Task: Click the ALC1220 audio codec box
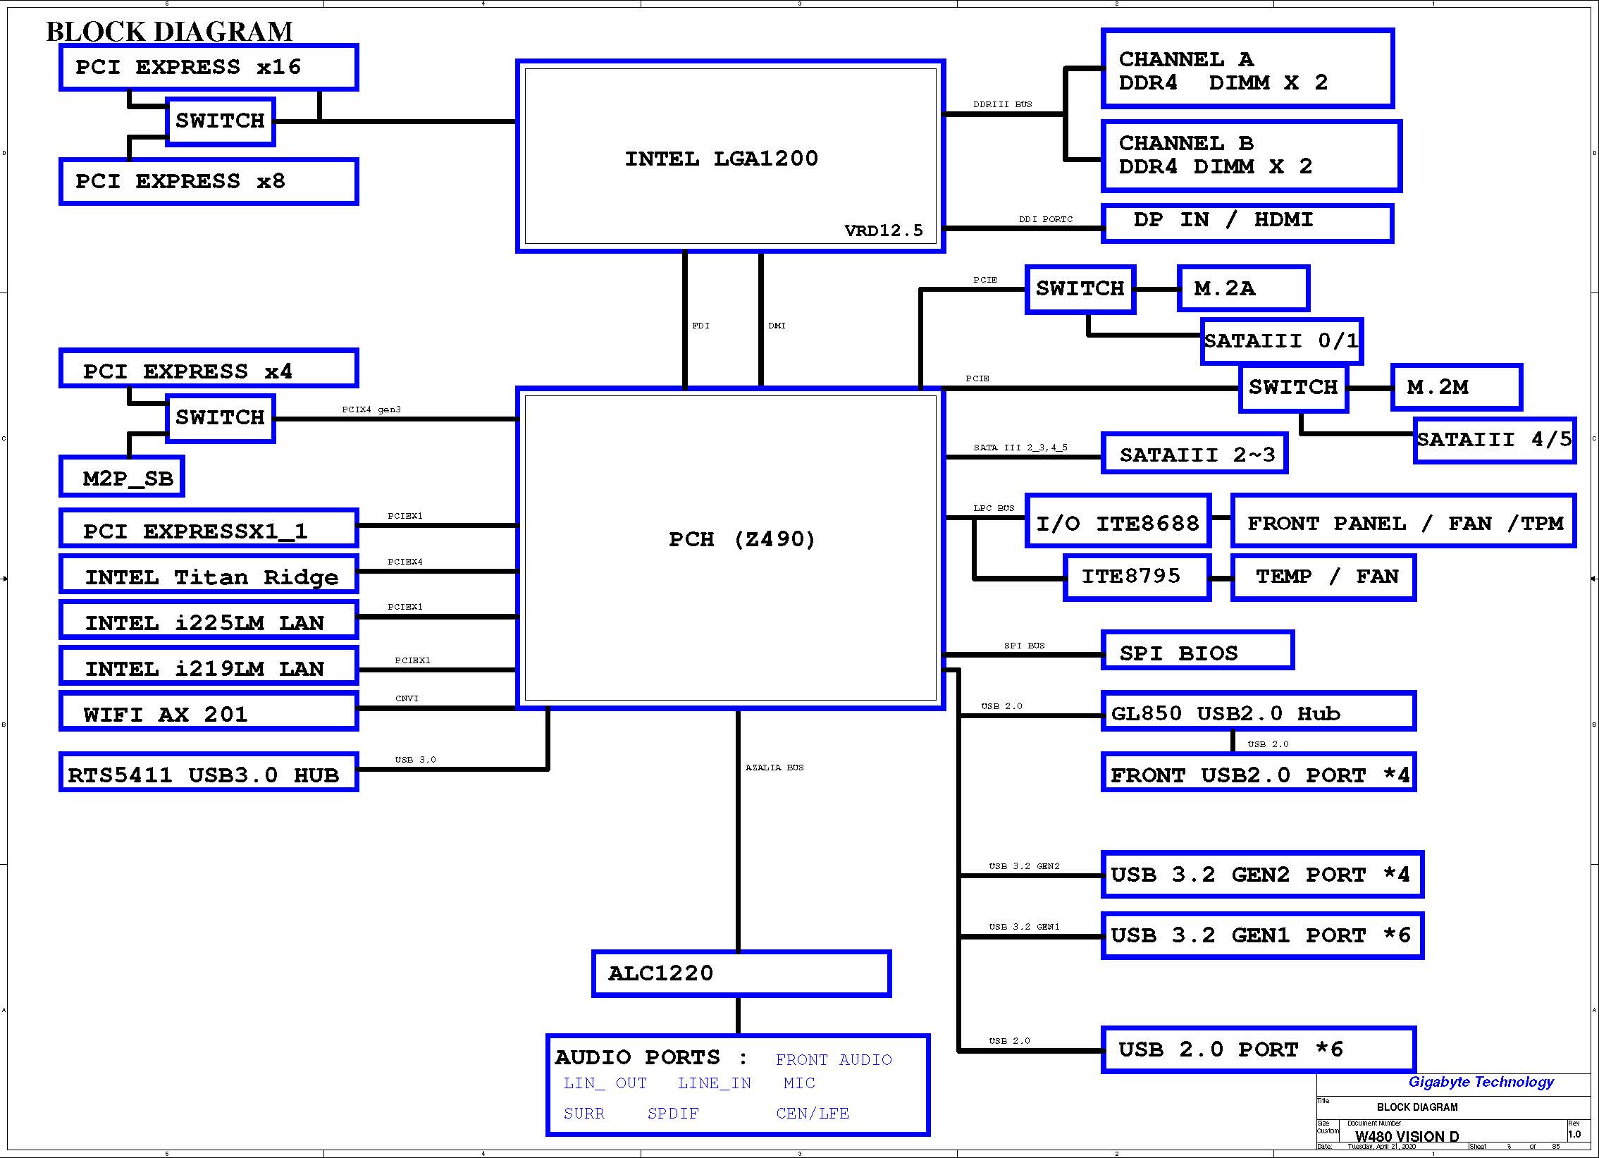(741, 973)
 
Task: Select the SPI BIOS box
(1197, 650)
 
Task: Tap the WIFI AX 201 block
(209, 711)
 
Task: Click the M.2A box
(1243, 288)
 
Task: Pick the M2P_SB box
(122, 476)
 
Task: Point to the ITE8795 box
(1137, 577)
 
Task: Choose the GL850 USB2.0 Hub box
(1259, 711)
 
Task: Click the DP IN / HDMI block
(1247, 223)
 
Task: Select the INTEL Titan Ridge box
(209, 574)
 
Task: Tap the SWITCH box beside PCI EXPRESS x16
(220, 121)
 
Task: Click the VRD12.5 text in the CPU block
(884, 230)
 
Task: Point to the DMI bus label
(776, 325)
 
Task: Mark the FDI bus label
(700, 325)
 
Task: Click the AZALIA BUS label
(774, 768)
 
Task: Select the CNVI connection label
(407, 698)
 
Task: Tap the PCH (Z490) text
(741, 539)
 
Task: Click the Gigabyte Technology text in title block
(1481, 1082)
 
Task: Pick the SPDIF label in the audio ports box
(673, 1114)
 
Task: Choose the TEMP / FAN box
(1323, 577)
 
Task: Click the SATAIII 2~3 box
(1194, 452)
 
